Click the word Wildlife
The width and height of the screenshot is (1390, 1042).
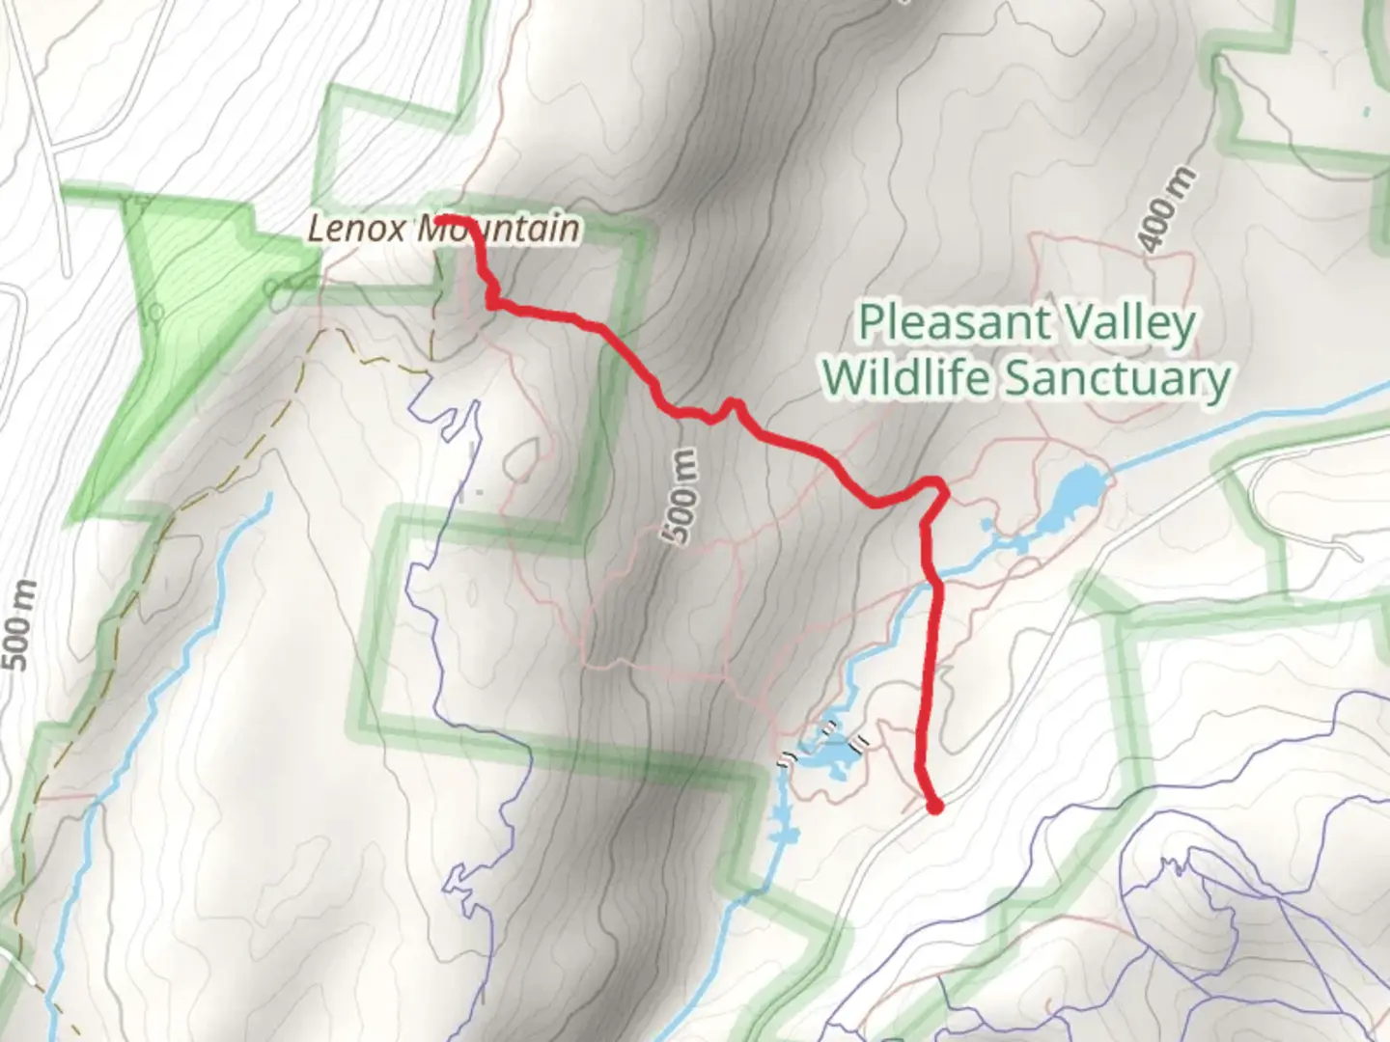coord(906,377)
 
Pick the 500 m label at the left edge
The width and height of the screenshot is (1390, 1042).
coord(21,625)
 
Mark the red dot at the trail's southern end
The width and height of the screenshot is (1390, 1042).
coord(933,806)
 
